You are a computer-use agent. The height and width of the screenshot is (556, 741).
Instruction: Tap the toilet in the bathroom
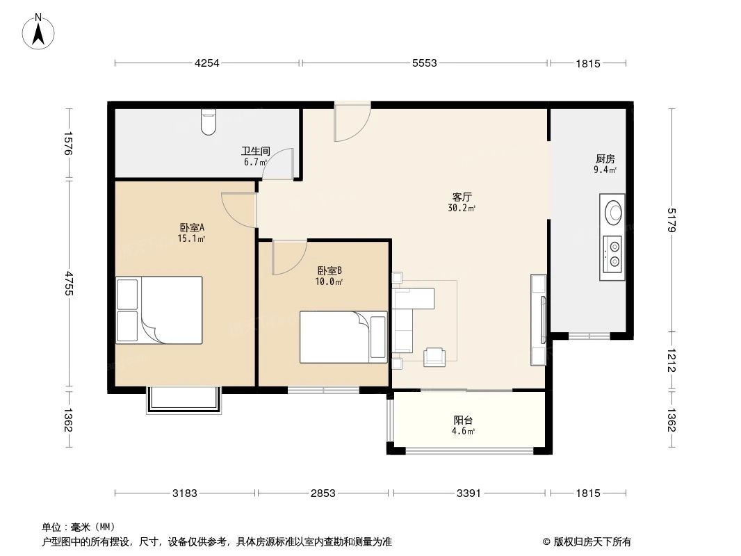click(208, 122)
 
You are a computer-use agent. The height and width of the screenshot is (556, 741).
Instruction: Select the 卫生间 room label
click(255, 152)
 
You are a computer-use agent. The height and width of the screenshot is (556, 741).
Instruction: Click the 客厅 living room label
click(462, 197)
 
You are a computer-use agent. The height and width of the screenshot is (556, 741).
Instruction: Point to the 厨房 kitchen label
click(605, 158)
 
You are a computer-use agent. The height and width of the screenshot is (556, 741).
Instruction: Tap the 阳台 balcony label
click(464, 420)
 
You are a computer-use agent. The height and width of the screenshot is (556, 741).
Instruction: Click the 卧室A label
click(191, 227)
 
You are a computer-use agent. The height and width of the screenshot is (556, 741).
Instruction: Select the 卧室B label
click(329, 271)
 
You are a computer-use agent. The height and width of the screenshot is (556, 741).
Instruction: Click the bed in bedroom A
click(159, 309)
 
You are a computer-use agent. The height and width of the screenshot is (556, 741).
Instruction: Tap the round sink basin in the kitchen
click(613, 211)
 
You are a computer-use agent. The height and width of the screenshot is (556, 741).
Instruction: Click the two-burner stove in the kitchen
click(613, 254)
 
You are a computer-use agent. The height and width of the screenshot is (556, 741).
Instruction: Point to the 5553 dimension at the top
click(424, 63)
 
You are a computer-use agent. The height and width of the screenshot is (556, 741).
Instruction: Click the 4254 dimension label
click(206, 63)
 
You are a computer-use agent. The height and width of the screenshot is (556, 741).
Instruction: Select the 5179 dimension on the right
click(671, 221)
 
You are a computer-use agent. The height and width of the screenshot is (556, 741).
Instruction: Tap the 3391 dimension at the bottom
click(469, 493)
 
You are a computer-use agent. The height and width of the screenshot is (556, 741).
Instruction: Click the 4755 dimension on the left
click(68, 284)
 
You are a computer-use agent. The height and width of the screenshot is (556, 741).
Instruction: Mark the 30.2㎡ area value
click(462, 208)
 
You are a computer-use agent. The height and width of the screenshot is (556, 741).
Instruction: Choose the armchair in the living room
click(435, 355)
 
